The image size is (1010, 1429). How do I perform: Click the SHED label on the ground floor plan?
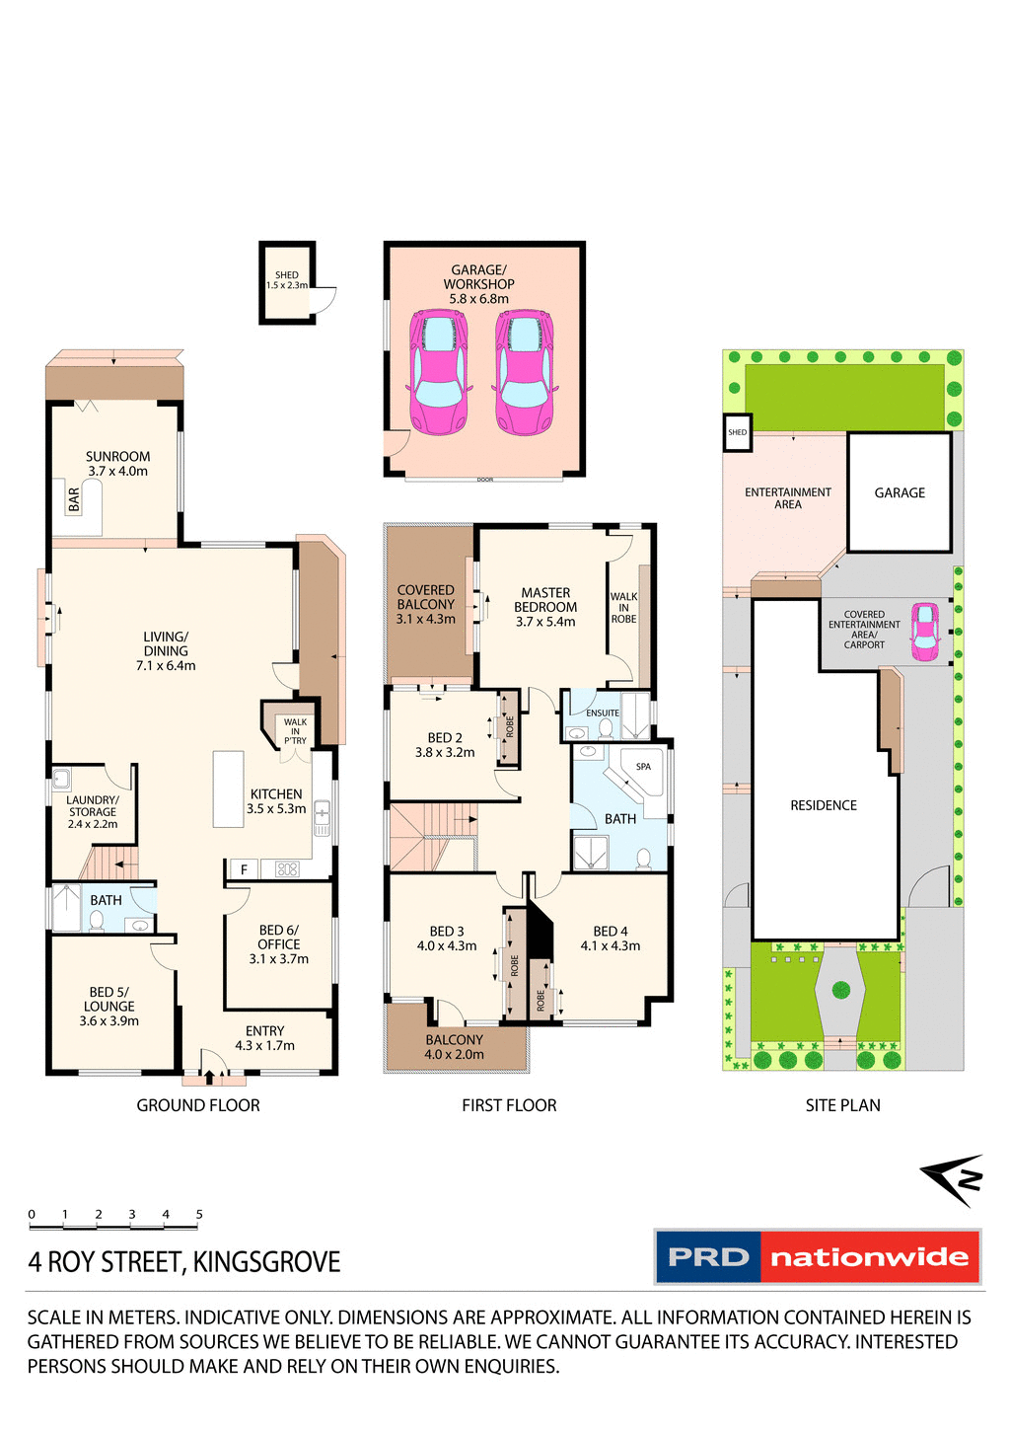click(x=287, y=275)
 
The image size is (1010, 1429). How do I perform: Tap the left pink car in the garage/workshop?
click(x=438, y=372)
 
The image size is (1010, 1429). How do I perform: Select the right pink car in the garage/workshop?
click(x=524, y=372)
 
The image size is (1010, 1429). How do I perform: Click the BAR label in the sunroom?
click(x=74, y=499)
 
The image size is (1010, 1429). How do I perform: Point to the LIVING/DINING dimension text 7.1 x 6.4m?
click(x=166, y=666)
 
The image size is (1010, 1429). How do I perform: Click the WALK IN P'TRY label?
click(x=295, y=731)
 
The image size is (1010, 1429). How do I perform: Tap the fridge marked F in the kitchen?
click(x=244, y=869)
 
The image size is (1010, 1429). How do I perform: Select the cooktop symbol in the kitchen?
click(x=287, y=869)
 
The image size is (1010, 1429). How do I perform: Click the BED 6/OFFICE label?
click(x=279, y=937)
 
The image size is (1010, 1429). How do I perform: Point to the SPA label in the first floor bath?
click(x=643, y=766)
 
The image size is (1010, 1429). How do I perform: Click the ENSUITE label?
click(x=603, y=713)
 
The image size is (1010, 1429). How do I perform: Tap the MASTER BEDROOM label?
click(x=545, y=600)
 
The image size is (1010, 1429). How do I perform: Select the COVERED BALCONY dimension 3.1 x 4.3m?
click(x=426, y=619)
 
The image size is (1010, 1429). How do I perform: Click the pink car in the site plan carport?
click(x=925, y=632)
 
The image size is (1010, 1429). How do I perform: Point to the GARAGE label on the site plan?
click(x=900, y=492)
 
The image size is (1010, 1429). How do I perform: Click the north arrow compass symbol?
click(x=954, y=1178)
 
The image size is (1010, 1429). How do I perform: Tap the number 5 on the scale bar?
click(x=199, y=1214)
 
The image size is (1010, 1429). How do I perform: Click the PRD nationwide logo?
click(x=818, y=1256)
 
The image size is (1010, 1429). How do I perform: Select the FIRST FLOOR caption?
click(x=509, y=1105)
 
